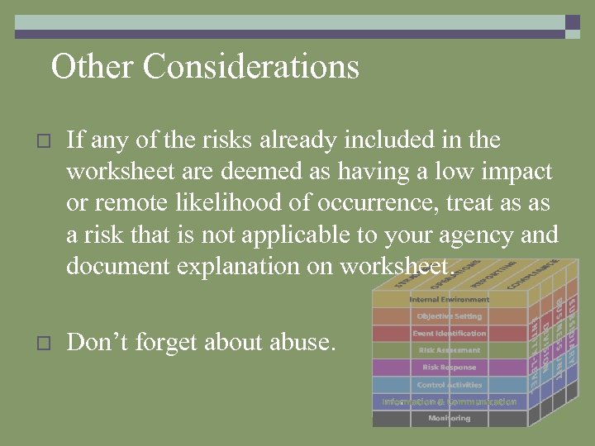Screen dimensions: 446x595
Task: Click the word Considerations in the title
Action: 251,67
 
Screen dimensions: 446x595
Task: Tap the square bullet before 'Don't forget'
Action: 45,341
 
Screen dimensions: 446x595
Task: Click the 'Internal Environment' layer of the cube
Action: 449,299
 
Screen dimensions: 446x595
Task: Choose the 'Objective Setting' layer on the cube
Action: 449,316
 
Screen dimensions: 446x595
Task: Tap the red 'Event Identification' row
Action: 449,334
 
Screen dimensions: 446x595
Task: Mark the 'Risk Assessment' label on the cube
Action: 449,350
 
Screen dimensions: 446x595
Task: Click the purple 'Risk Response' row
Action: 449,368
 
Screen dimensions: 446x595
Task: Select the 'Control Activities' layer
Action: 449,385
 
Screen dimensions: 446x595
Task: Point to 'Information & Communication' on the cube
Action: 449,402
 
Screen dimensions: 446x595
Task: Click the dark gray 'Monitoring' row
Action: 449,419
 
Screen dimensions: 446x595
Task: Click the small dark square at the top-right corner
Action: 573,22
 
